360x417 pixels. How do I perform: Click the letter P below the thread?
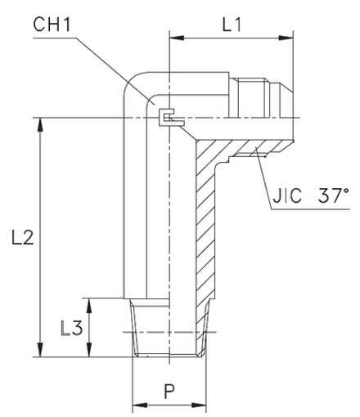pyautogui.click(x=169, y=390)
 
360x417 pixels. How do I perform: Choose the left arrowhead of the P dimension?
pyautogui.click(x=137, y=406)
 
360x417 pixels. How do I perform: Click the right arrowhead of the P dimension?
pyautogui.click(x=199, y=406)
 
